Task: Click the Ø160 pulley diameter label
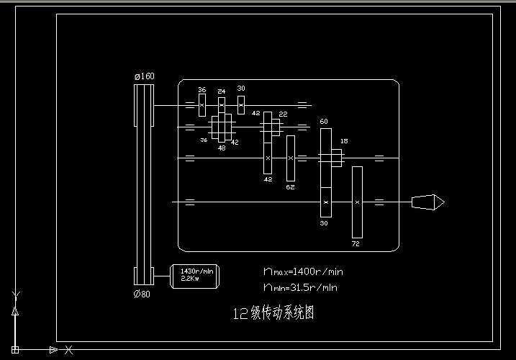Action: pyautogui.click(x=144, y=76)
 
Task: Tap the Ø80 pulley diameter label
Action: pyautogui.click(x=142, y=294)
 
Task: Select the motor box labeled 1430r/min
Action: pyautogui.click(x=194, y=276)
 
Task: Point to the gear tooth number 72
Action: pyautogui.click(x=356, y=244)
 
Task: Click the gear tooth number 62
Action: pyautogui.click(x=290, y=187)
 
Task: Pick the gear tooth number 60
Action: pyautogui.click(x=324, y=122)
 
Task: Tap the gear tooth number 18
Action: pyautogui.click(x=344, y=141)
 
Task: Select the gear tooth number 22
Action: pyautogui.click(x=283, y=114)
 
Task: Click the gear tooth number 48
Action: pyautogui.click(x=222, y=148)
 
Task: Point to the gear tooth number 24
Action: pyautogui.click(x=221, y=91)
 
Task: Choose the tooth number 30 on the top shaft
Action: pyautogui.click(x=241, y=89)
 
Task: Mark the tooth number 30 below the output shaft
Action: pyautogui.click(x=324, y=223)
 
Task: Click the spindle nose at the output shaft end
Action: pyautogui.click(x=427, y=202)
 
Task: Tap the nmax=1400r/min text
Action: pyautogui.click(x=303, y=271)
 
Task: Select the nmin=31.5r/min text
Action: pyautogui.click(x=301, y=287)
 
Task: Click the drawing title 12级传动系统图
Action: pyautogui.click(x=273, y=314)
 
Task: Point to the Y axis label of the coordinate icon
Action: pyautogui.click(x=16, y=295)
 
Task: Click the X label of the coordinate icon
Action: pyautogui.click(x=68, y=350)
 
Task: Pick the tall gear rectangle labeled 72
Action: pyautogui.click(x=357, y=202)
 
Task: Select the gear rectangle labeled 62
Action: pyautogui.click(x=290, y=158)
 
